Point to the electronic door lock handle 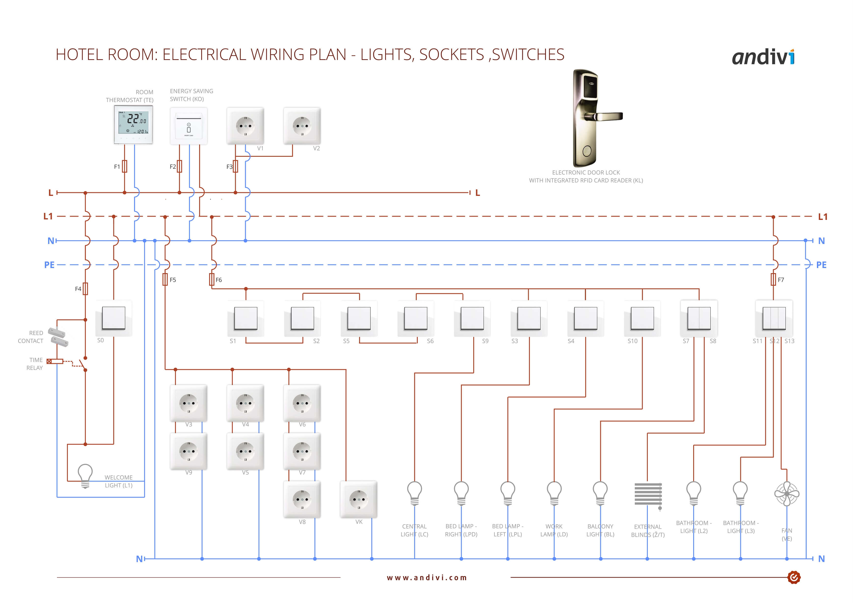(x=603, y=117)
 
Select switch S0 (x=114, y=318)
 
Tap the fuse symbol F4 (x=85, y=289)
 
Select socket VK (x=359, y=499)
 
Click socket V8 (x=302, y=499)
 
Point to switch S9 (x=472, y=318)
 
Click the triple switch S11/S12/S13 (x=774, y=318)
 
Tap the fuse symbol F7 (x=773, y=279)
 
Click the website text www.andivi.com (x=427, y=577)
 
